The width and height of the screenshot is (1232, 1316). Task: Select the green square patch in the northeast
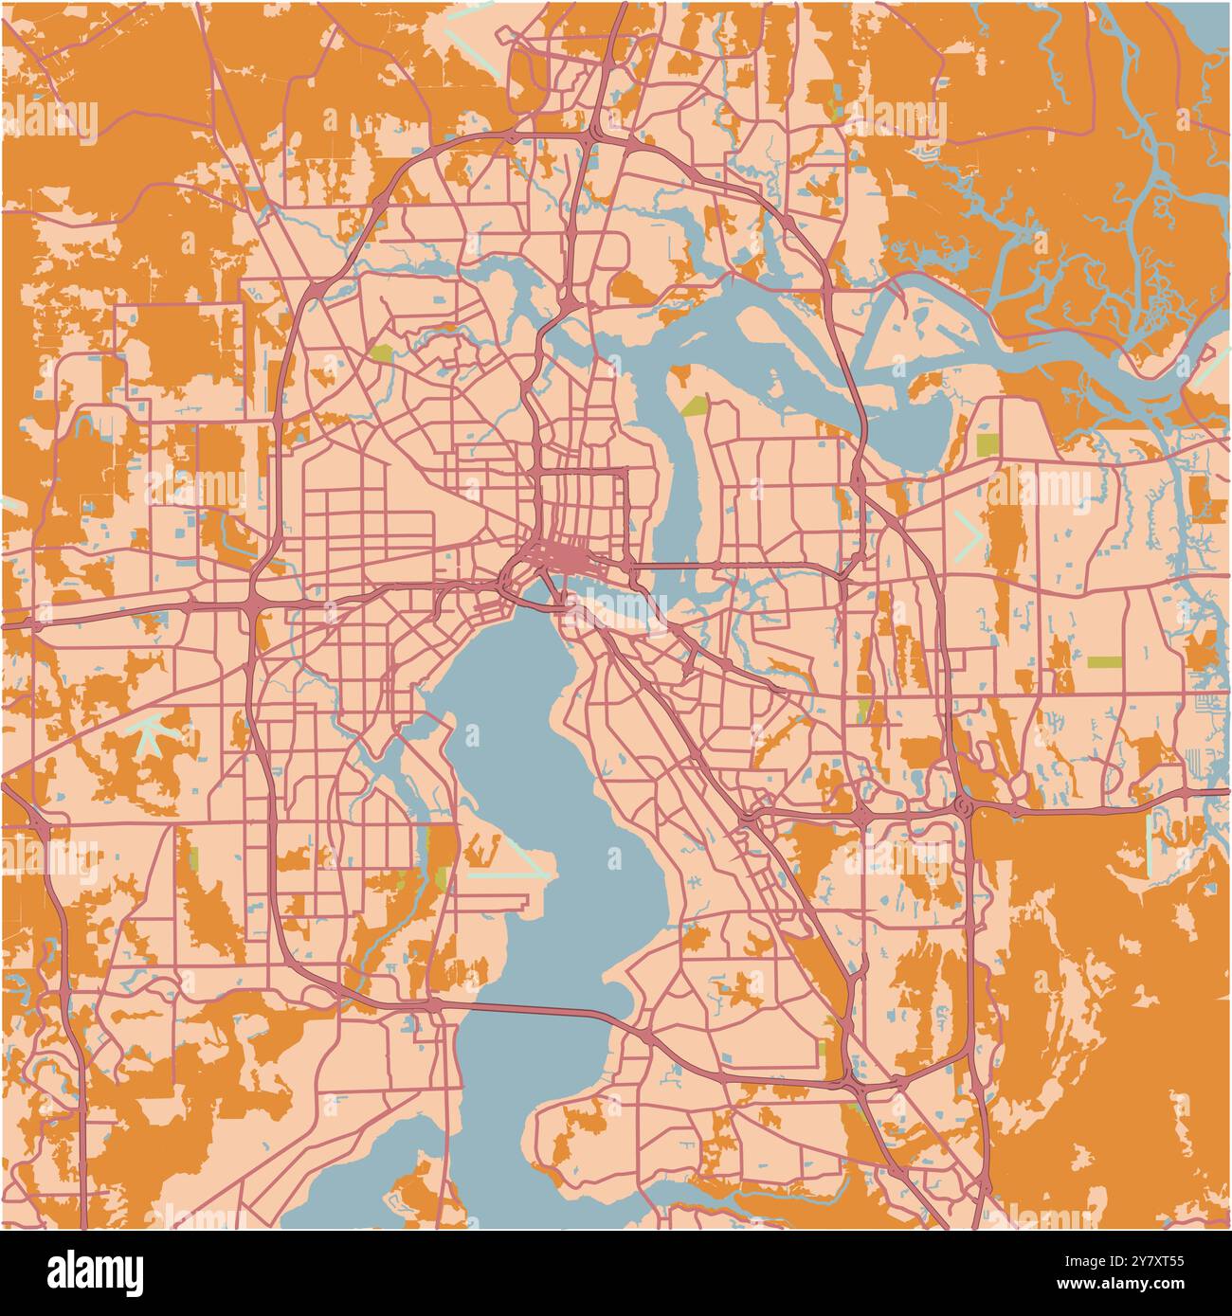click(986, 444)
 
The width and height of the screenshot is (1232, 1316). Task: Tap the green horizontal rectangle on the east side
click(1103, 661)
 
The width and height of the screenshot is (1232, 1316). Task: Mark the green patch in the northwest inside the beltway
click(382, 353)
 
